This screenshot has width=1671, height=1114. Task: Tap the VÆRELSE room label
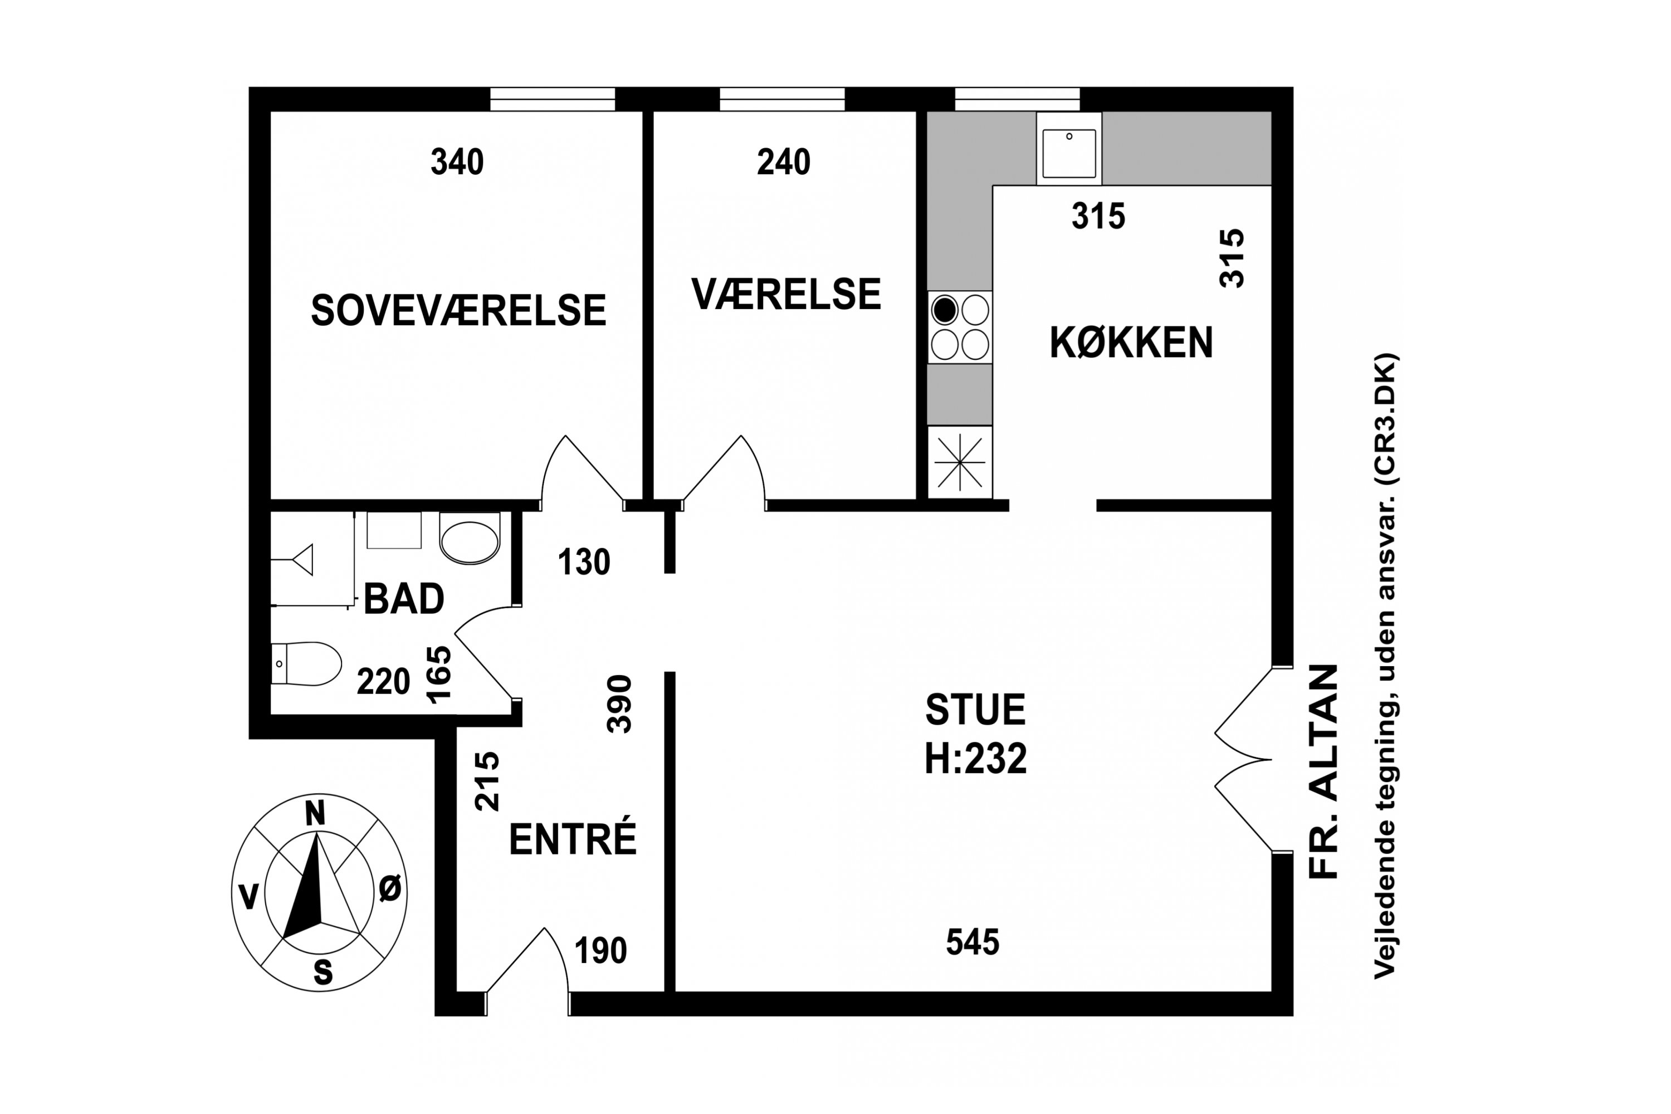(786, 294)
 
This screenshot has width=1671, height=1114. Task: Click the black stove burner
(945, 310)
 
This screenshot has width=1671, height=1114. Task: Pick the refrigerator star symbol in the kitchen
(960, 462)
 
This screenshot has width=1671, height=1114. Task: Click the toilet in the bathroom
(307, 663)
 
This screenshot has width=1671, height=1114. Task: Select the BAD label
(403, 599)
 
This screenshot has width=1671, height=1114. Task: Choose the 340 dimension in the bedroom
(457, 162)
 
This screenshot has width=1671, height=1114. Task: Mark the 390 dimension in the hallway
(619, 704)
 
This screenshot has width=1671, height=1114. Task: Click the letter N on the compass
(315, 813)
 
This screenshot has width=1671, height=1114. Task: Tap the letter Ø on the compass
(390, 889)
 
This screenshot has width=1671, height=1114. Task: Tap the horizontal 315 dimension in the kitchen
(1098, 217)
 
